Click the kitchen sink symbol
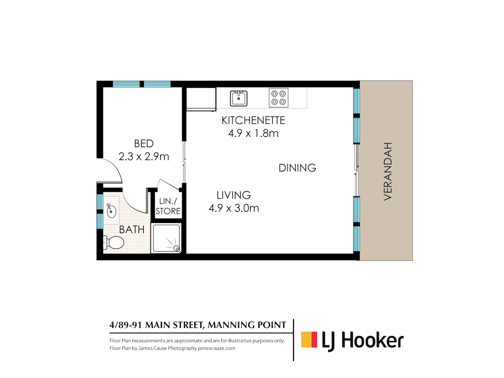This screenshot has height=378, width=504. tap(239, 98)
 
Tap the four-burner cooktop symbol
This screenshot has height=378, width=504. tap(279, 98)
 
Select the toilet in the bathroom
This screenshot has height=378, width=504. tap(114, 242)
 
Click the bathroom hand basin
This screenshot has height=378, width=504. tap(111, 211)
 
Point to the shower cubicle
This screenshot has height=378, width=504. tap(166, 238)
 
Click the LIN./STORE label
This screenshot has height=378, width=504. tap(168, 206)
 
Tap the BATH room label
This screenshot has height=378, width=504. tap(132, 230)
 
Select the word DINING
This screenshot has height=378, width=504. tap(297, 168)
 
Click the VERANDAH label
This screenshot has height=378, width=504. tap(388, 171)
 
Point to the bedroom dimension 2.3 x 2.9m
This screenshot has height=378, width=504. tap(144, 156)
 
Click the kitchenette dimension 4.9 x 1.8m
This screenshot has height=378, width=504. tap(253, 133)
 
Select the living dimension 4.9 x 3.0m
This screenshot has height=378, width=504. tap(234, 208)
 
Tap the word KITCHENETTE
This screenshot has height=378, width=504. tap(253, 120)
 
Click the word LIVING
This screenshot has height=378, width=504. tap(234, 195)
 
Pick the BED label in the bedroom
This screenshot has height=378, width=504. tap(144, 143)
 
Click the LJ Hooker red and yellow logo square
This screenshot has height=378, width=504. tap(309, 339)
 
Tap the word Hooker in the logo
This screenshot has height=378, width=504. tap(372, 341)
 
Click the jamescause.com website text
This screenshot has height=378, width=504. tap(217, 348)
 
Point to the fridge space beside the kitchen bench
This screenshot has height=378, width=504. tap(201, 99)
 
